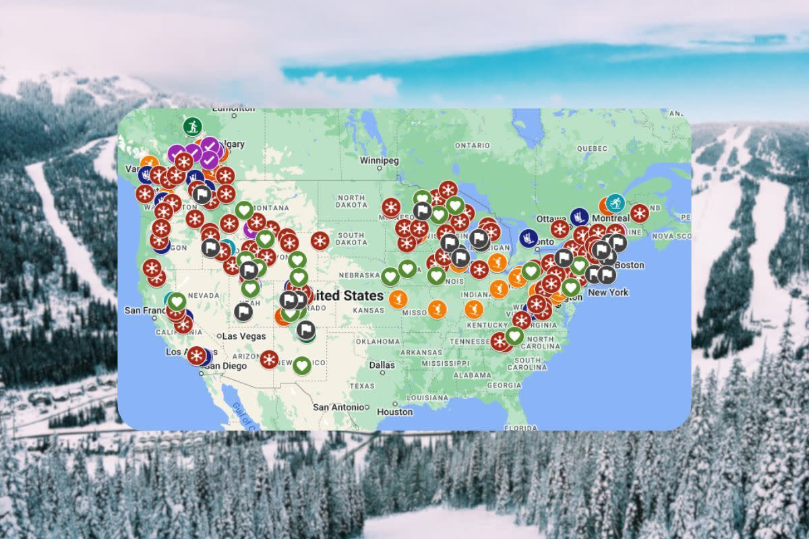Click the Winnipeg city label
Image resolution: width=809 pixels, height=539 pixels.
(379, 161)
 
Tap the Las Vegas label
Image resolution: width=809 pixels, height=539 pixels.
(244, 336)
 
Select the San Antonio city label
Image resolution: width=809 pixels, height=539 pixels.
(339, 407)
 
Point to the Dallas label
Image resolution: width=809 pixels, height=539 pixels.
(382, 364)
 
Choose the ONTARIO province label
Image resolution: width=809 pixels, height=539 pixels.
(471, 146)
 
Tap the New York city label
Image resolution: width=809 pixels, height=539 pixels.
(608, 292)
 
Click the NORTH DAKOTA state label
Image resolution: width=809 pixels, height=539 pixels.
(352, 201)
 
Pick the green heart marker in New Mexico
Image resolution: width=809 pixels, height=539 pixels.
(302, 365)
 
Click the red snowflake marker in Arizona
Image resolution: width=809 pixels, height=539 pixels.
(269, 359)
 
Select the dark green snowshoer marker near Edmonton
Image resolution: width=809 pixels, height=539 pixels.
(192, 126)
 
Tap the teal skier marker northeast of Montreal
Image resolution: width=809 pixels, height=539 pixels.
(615, 202)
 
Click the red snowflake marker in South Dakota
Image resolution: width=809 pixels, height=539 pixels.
(320, 241)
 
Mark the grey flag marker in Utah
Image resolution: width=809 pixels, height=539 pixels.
(243, 312)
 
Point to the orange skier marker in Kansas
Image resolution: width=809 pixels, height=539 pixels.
(398, 298)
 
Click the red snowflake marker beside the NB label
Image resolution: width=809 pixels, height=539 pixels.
(639, 214)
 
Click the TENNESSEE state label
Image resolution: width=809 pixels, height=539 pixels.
(470, 341)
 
